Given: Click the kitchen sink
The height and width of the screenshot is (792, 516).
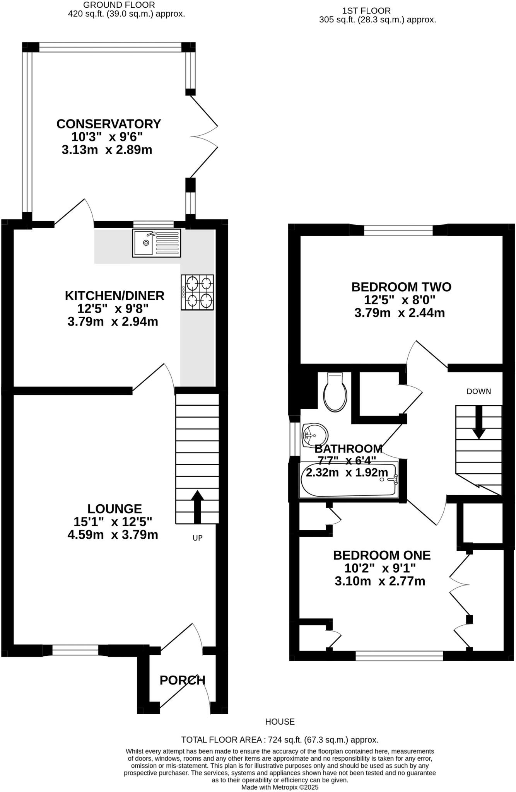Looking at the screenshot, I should pyautogui.click(x=156, y=243).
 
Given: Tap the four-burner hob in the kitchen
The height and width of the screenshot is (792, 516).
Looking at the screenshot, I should pyautogui.click(x=197, y=292).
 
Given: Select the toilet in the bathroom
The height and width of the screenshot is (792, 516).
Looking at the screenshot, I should pyautogui.click(x=335, y=393).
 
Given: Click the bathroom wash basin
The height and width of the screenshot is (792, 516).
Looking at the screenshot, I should pyautogui.click(x=314, y=435).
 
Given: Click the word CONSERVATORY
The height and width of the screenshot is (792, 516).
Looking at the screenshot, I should pyautogui.click(x=109, y=124).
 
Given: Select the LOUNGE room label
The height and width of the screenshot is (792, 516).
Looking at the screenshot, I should pyautogui.click(x=114, y=509).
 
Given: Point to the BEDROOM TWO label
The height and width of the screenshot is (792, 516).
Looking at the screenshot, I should pyautogui.click(x=401, y=287).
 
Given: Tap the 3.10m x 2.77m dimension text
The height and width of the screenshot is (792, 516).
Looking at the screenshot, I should pyautogui.click(x=380, y=581).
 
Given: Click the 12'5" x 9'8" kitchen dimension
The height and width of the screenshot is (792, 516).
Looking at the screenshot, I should pyautogui.click(x=113, y=309).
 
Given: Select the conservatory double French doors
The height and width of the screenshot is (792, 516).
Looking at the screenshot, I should pyautogui.click(x=203, y=137).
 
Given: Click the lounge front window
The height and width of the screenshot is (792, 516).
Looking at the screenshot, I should pyautogui.click(x=75, y=650).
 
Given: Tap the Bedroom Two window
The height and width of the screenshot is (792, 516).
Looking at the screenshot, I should pyautogui.click(x=398, y=231).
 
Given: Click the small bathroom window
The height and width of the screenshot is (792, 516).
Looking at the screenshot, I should pyautogui.click(x=295, y=439).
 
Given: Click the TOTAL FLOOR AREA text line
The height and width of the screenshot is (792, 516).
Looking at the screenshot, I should pyautogui.click(x=280, y=740).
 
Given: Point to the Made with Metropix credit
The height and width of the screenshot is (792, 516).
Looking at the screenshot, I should pyautogui.click(x=280, y=787).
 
